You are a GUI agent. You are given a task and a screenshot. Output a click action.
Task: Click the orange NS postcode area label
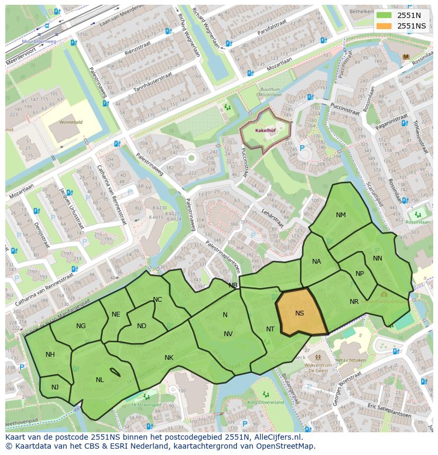click(x=299, y=313)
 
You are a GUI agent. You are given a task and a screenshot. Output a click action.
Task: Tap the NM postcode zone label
click(x=341, y=215)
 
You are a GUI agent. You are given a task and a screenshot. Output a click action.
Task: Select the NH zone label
click(x=50, y=355)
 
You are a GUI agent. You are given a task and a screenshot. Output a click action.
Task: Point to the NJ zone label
click(x=55, y=387)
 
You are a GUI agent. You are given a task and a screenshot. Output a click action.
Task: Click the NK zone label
click(x=169, y=358)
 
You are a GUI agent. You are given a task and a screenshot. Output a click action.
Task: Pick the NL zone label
click(x=99, y=380)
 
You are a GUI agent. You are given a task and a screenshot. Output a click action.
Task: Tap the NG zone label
click(x=81, y=326)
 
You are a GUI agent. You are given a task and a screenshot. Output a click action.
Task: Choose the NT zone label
click(x=270, y=329)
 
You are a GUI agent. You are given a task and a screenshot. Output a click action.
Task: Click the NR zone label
click(x=354, y=302)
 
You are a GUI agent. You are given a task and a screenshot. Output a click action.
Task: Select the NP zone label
click(x=360, y=274)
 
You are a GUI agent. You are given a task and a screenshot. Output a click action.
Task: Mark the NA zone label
click(x=316, y=262)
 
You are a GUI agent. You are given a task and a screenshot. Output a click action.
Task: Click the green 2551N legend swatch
click(x=385, y=16)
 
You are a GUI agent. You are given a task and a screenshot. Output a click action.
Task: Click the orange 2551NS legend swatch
click(x=385, y=26)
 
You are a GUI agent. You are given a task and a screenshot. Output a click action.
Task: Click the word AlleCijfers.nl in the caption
click(x=279, y=437)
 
